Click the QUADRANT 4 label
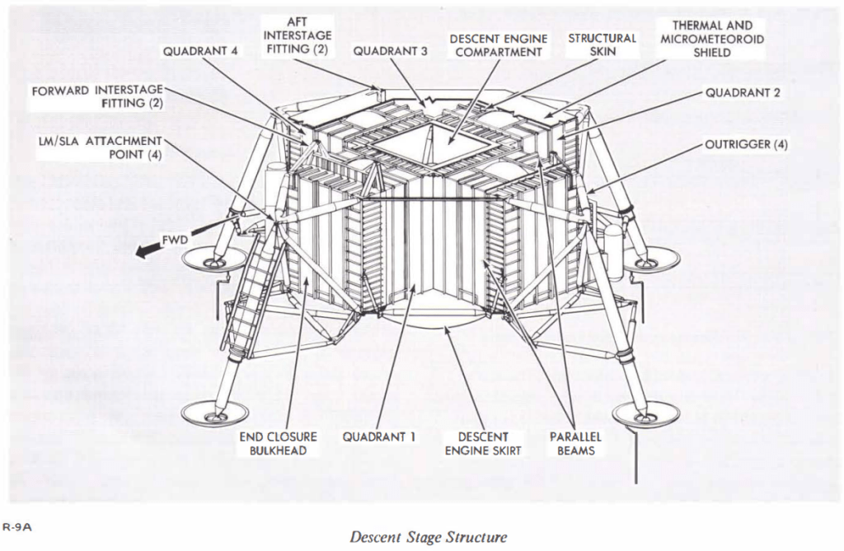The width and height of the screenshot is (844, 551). pos(200,51)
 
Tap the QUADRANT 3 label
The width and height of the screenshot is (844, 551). pos(391,51)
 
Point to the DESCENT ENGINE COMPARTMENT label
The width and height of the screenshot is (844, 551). pos(495,44)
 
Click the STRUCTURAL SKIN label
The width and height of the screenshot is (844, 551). pos(603,44)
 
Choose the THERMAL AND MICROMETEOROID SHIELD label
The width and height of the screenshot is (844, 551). pos(712,39)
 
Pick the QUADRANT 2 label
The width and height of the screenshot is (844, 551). pos(743,92)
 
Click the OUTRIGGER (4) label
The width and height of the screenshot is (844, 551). pos(747,145)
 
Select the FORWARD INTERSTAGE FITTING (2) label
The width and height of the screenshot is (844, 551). pos(98,96)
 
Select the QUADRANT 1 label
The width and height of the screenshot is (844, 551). pos(379,437)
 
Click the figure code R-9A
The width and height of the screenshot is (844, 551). pos(16,526)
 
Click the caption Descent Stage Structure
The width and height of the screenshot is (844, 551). pos(429,538)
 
